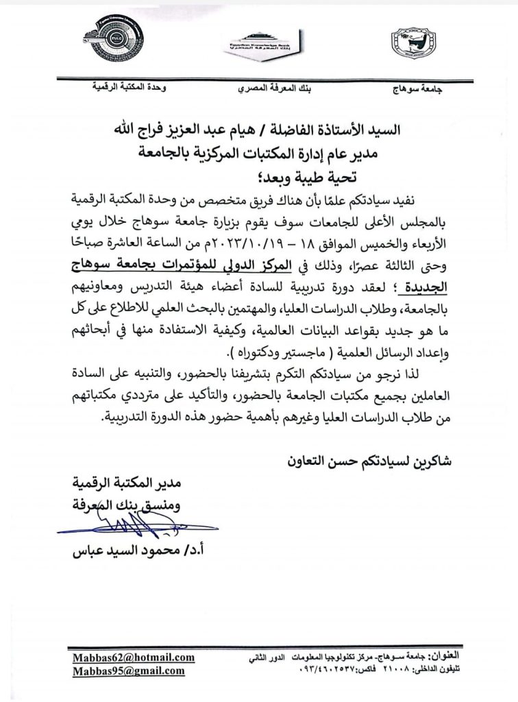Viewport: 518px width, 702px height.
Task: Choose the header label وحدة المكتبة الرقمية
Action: tap(120, 89)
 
